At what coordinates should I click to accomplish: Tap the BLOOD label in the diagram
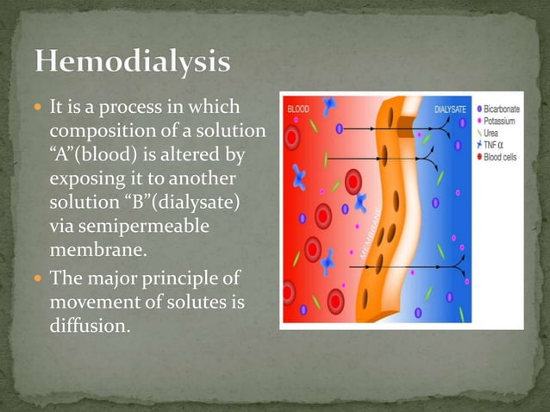click(x=298, y=109)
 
